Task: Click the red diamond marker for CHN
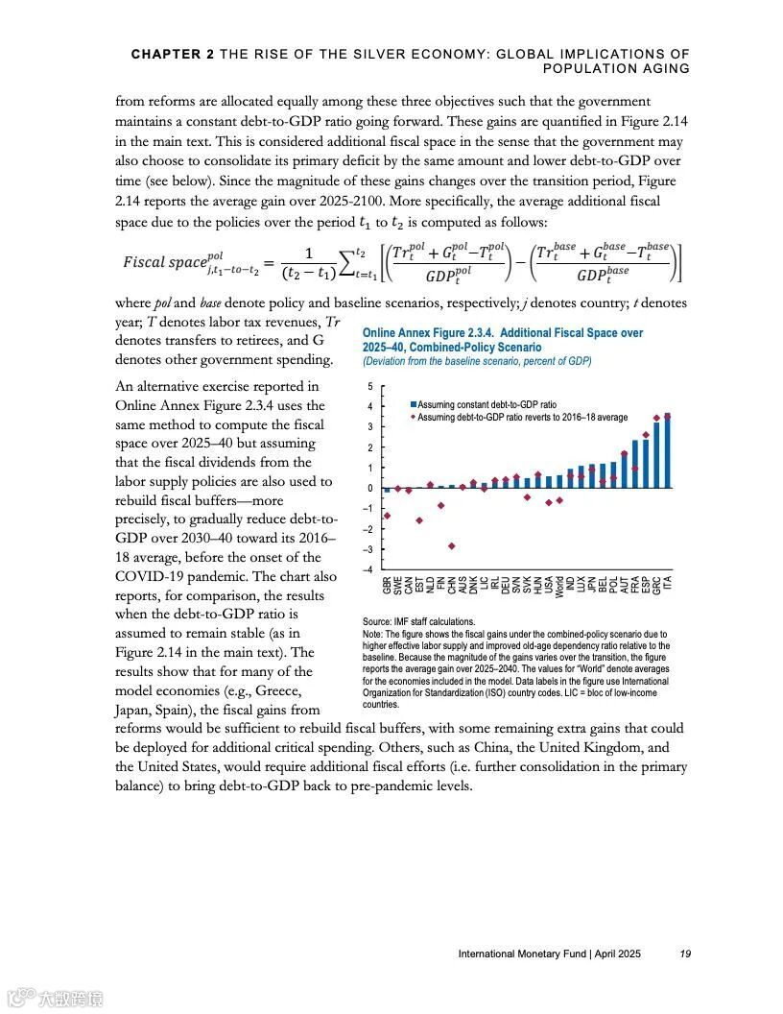pyautogui.click(x=451, y=545)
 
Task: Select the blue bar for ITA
pyautogui.click(x=667, y=452)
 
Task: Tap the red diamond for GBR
pyautogui.click(x=387, y=516)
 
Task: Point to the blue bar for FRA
pyautogui.click(x=635, y=464)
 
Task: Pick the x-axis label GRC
pyautogui.click(x=656, y=582)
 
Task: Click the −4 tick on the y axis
pyautogui.click(x=370, y=570)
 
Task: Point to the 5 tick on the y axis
pyautogui.click(x=370, y=386)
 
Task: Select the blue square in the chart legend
pyautogui.click(x=413, y=405)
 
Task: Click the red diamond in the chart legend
pyautogui.click(x=413, y=417)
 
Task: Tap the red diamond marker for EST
pyautogui.click(x=419, y=520)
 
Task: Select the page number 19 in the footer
pyautogui.click(x=685, y=954)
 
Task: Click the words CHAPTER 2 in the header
pyautogui.click(x=173, y=55)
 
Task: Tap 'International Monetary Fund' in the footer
pyautogui.click(x=516, y=954)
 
